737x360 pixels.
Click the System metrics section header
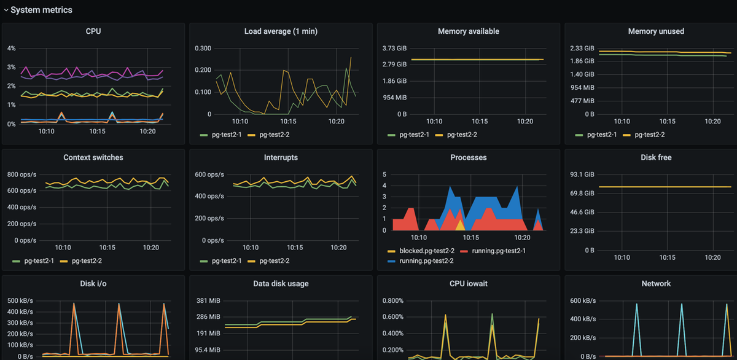(41, 10)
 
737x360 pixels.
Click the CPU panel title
(93, 31)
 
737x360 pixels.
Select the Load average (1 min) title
(281, 31)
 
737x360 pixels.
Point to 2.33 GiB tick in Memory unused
(582, 49)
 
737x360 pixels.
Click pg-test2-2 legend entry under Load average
(274, 135)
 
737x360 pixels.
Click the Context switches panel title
(93, 158)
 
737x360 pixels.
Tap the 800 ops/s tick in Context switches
(22, 175)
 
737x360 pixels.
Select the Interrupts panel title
(281, 158)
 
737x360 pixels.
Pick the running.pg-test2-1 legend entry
(498, 251)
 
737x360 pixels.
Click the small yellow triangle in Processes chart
(460, 225)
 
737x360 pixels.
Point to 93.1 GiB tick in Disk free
(582, 175)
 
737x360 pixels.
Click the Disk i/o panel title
(93, 284)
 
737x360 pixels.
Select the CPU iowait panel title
(468, 284)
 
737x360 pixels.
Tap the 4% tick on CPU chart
(11, 49)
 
